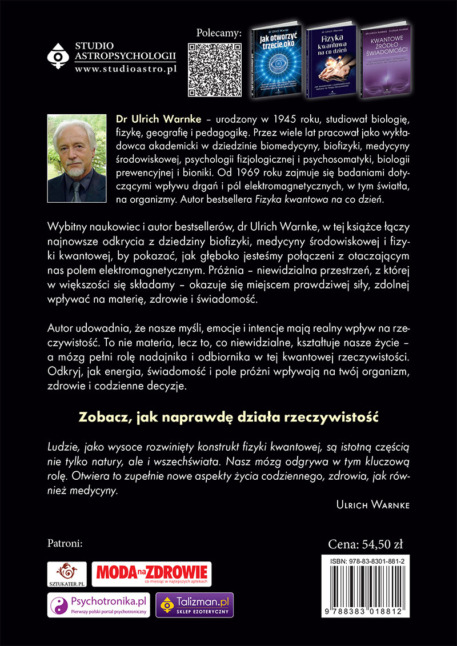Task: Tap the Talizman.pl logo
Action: coord(195,605)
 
